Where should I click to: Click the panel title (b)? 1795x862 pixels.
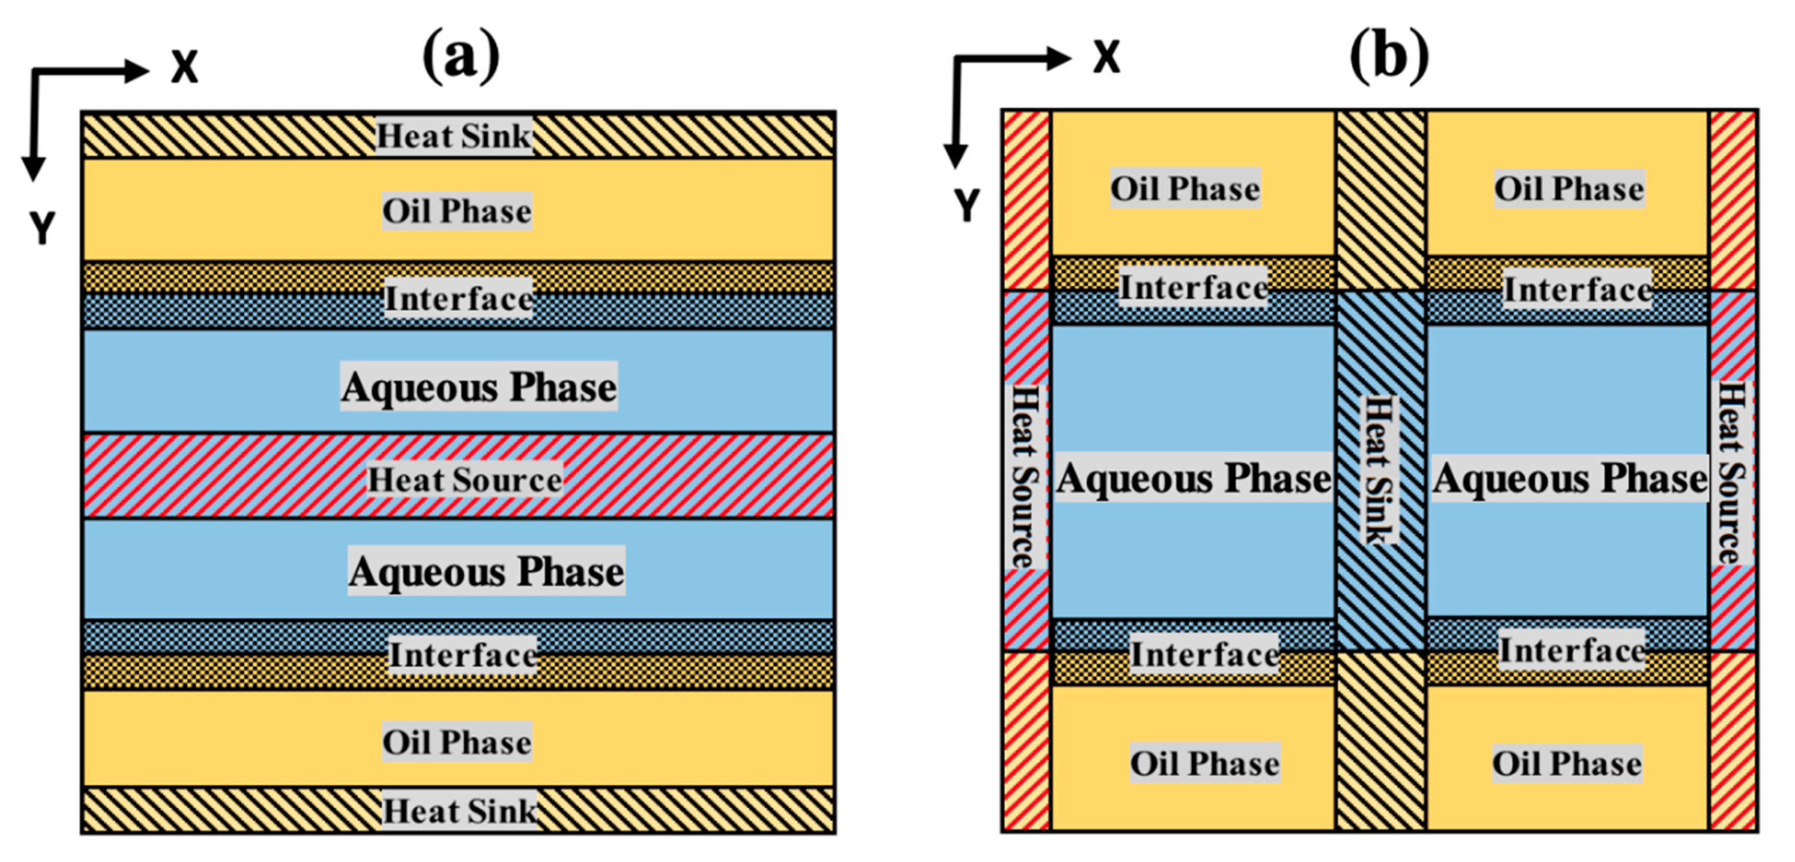click(x=1389, y=56)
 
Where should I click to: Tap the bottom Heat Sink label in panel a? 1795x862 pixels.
click(x=460, y=811)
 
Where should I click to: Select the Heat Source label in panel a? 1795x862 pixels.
click(x=465, y=480)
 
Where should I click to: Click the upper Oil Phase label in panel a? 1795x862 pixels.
click(x=457, y=211)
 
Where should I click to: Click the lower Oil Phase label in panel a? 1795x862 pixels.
click(x=457, y=742)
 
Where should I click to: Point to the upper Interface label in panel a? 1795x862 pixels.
click(x=459, y=298)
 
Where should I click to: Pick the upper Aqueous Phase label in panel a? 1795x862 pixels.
click(x=478, y=386)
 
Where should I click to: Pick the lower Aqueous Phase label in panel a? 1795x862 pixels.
click(x=486, y=571)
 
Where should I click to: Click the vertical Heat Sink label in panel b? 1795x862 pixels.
click(x=1379, y=470)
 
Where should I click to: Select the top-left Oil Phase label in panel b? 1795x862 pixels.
click(x=1185, y=188)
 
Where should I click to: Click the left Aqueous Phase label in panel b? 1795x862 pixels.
click(x=1194, y=478)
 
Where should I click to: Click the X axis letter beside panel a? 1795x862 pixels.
click(x=185, y=67)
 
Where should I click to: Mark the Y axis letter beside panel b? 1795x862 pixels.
click(x=967, y=206)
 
